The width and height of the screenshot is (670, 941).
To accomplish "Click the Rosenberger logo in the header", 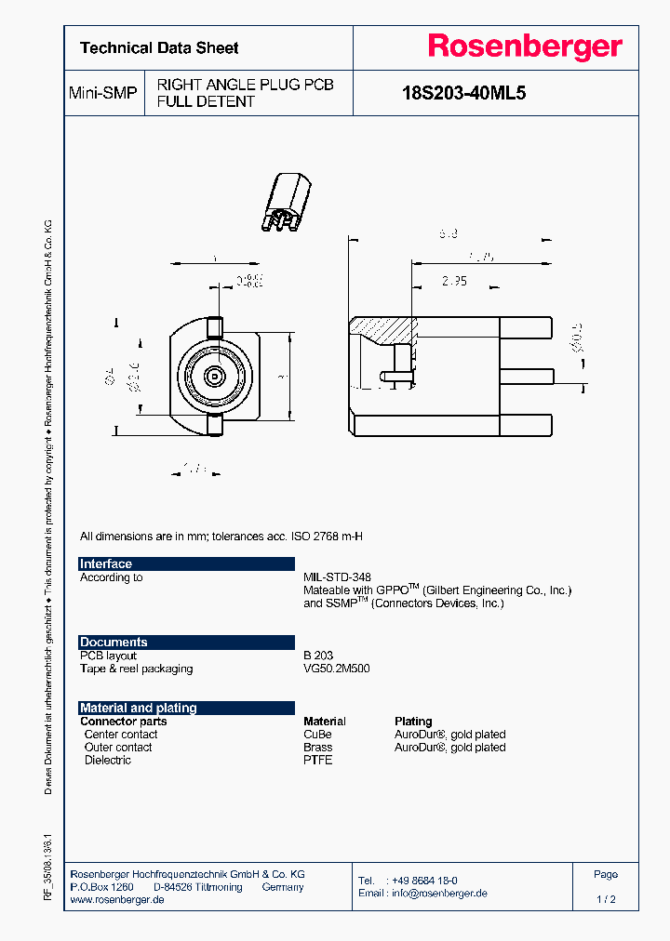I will pyautogui.click(x=524, y=47).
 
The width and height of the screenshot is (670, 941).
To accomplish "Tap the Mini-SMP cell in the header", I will pyautogui.click(x=103, y=93).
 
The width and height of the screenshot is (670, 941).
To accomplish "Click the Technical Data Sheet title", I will pyautogui.click(x=159, y=47).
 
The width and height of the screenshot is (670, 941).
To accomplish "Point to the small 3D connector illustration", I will pyautogui.click(x=286, y=204).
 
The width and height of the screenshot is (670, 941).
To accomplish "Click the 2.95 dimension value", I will pyautogui.click(x=454, y=280).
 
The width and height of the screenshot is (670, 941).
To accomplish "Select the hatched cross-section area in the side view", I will pyautogui.click(x=384, y=329).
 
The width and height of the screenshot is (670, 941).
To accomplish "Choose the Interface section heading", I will pyautogui.click(x=106, y=563).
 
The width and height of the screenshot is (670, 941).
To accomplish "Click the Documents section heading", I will pyautogui.click(x=114, y=642).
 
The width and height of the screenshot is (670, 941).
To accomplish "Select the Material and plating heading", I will pyautogui.click(x=139, y=708).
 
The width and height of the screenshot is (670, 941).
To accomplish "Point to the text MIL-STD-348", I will pyautogui.click(x=337, y=577).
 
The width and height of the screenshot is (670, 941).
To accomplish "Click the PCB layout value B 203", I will pyautogui.click(x=318, y=656).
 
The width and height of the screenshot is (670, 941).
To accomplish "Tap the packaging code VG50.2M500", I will pyautogui.click(x=337, y=669).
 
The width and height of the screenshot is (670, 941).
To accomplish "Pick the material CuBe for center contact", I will pyautogui.click(x=317, y=734).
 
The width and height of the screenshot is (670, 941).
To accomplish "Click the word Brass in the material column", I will pyautogui.click(x=317, y=747).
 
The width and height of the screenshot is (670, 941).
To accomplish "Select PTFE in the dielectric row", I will pyautogui.click(x=317, y=760).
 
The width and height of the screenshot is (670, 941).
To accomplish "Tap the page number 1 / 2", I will pyautogui.click(x=606, y=899).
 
